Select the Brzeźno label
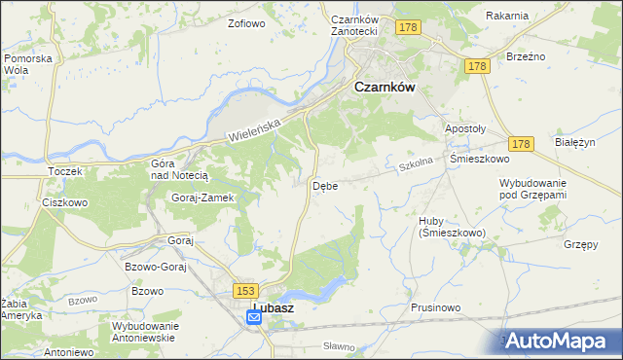pos(525,56)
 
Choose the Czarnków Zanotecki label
pos(353,25)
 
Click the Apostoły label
pos(464,128)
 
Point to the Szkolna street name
pos(415,166)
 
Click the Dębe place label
pos(325,185)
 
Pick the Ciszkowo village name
pos(65,203)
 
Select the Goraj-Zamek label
pos(202,197)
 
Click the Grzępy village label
pos(580,244)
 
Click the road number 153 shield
pos(244,290)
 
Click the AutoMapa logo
pos(556,340)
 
